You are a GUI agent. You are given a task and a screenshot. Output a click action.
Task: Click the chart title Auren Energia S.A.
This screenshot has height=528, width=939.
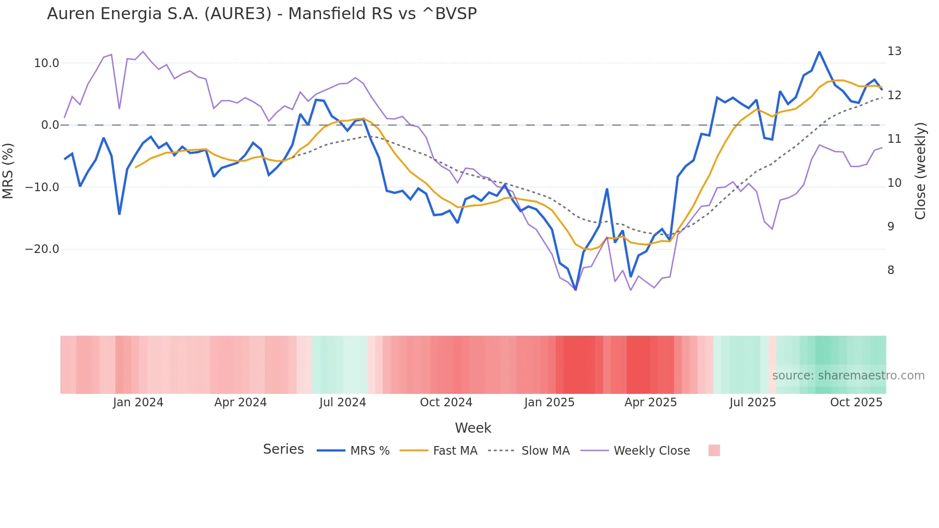[262, 14]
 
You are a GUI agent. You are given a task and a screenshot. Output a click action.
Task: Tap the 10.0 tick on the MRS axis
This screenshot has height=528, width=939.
[46, 63]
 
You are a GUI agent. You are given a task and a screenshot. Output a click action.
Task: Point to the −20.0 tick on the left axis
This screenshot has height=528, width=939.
[42, 249]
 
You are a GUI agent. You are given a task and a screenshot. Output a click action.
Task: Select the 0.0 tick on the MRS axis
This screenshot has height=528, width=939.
[50, 125]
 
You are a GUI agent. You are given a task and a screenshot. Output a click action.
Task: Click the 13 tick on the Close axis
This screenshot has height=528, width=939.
[894, 51]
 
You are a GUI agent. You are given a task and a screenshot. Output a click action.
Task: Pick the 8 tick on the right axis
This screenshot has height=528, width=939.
[891, 270]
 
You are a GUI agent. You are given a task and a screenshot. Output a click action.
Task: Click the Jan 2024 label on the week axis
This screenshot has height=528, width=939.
[138, 402]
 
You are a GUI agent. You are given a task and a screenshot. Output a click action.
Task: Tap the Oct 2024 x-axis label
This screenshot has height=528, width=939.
[446, 402]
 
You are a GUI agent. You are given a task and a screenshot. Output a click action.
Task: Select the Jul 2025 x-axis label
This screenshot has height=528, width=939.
[753, 402]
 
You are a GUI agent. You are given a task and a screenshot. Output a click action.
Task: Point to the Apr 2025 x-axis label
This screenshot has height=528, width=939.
[651, 402]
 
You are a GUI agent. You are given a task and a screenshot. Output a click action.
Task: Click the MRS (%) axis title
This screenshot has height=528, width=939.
[8, 171]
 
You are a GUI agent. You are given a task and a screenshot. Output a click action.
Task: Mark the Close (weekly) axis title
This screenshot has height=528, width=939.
[920, 171]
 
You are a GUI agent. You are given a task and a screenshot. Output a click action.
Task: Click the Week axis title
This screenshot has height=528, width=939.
[473, 428]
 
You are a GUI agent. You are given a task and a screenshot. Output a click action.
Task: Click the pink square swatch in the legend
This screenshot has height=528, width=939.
[714, 450]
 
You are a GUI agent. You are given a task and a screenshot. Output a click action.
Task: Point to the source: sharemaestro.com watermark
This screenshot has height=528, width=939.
[848, 376]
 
